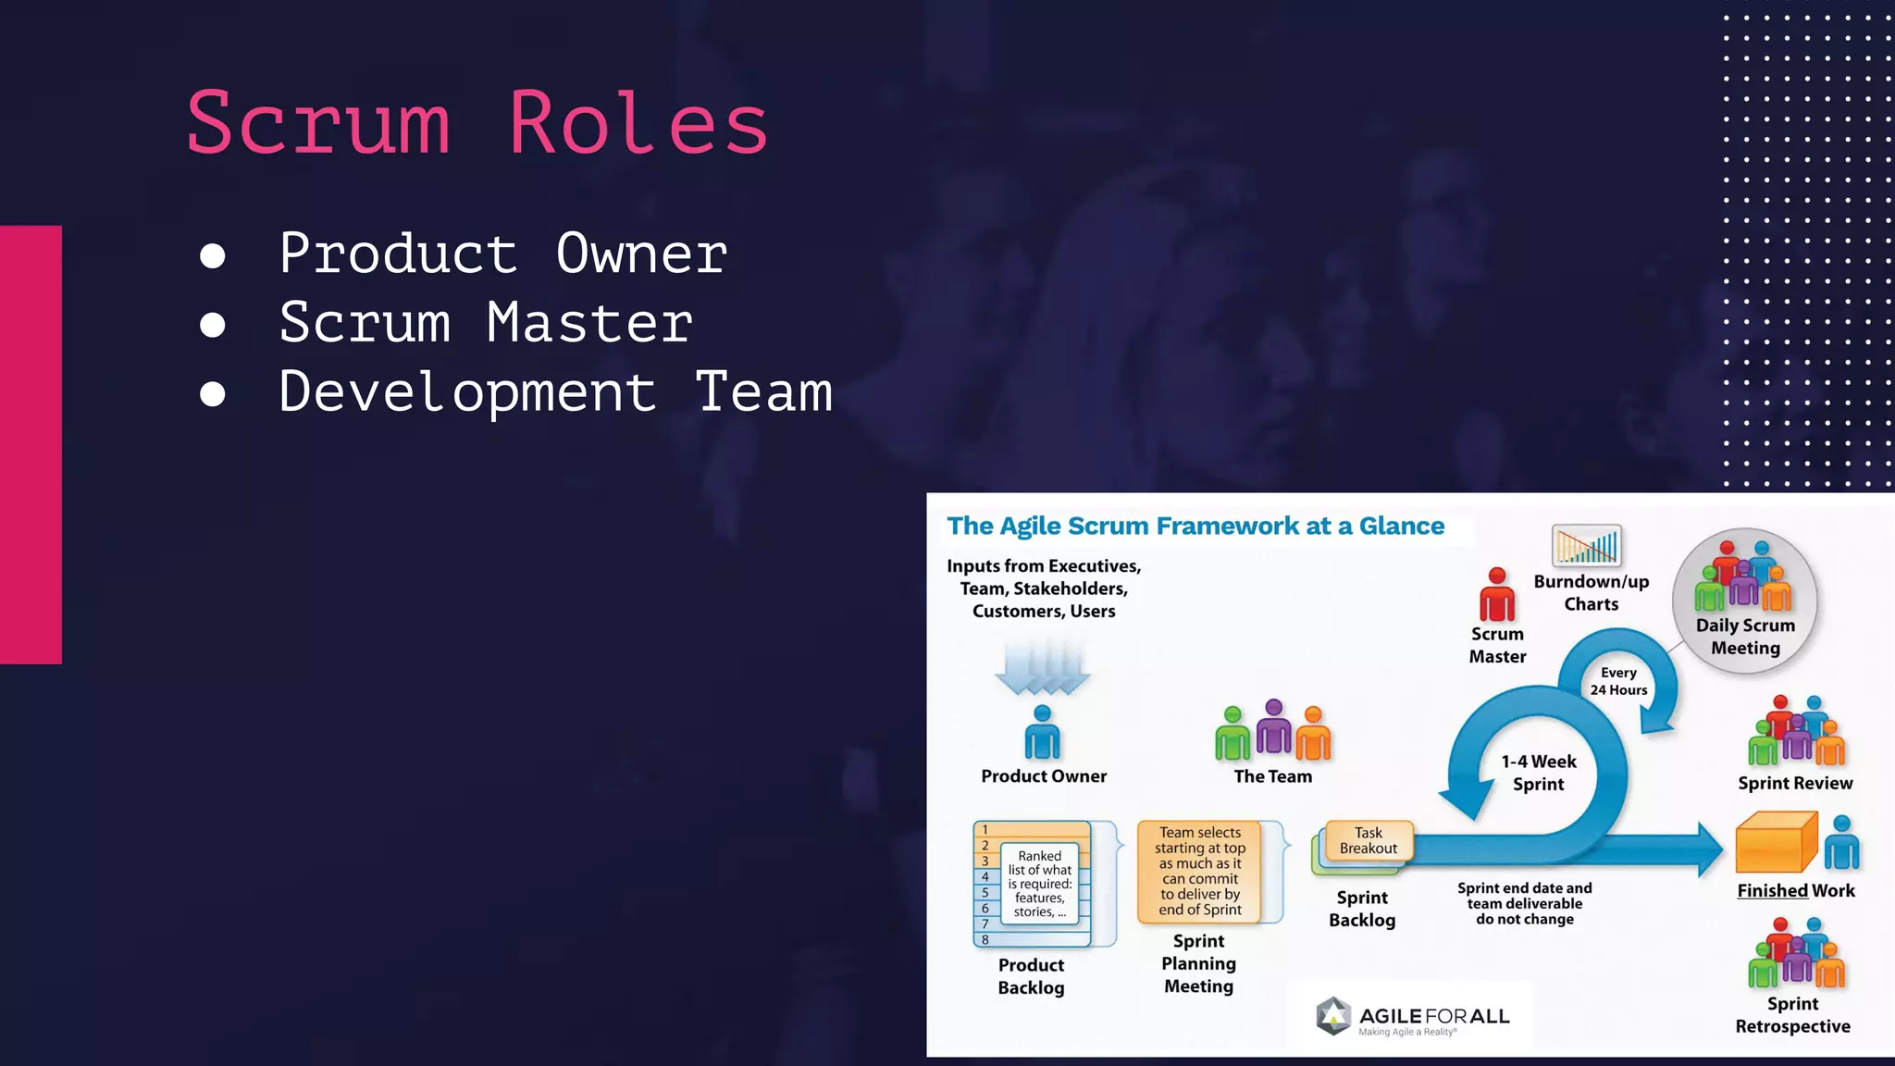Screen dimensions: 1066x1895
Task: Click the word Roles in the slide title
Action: coord(638,124)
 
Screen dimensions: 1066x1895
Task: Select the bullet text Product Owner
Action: coord(502,254)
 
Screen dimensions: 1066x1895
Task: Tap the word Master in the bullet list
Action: coord(589,323)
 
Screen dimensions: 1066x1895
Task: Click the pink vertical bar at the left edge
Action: coord(31,444)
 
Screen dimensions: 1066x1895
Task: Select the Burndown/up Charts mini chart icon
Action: coord(1587,546)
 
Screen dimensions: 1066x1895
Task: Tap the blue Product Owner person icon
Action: coord(1042,733)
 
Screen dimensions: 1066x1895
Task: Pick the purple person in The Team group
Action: coord(1274,727)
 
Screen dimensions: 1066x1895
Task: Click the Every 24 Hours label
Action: coord(1618,681)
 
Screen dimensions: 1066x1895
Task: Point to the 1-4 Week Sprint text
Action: coord(1538,773)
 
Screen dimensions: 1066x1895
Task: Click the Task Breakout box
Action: coord(1369,840)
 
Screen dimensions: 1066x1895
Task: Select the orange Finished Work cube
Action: coord(1775,843)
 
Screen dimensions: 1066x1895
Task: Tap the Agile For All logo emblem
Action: coord(1333,1016)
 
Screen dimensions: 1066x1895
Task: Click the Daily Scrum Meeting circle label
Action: coord(1745,637)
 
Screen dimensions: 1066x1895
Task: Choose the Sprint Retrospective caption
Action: coord(1792,1015)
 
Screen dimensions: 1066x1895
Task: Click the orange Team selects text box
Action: coord(1200,871)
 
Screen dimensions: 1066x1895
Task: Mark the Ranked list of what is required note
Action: coord(1039,883)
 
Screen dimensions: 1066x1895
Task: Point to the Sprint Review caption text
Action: coord(1795,783)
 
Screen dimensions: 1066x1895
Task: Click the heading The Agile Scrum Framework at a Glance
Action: coord(1195,527)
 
